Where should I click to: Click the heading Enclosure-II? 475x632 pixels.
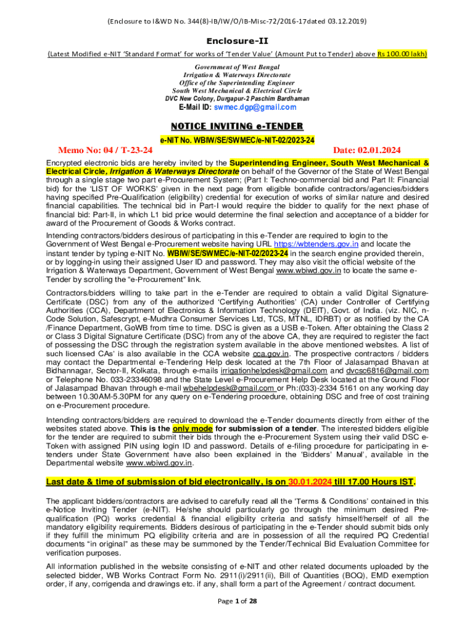(x=238, y=40)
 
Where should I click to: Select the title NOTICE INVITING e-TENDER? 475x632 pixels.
(x=238, y=127)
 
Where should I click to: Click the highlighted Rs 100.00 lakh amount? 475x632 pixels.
(x=402, y=53)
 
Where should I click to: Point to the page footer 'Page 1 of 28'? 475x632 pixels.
(x=238, y=618)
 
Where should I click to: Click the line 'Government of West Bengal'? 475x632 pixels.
(x=238, y=67)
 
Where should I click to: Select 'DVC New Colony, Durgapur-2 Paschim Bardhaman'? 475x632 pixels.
(x=238, y=98)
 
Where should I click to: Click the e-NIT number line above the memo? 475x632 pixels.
(x=238, y=140)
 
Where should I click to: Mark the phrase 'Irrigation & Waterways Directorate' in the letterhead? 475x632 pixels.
(x=238, y=75)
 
